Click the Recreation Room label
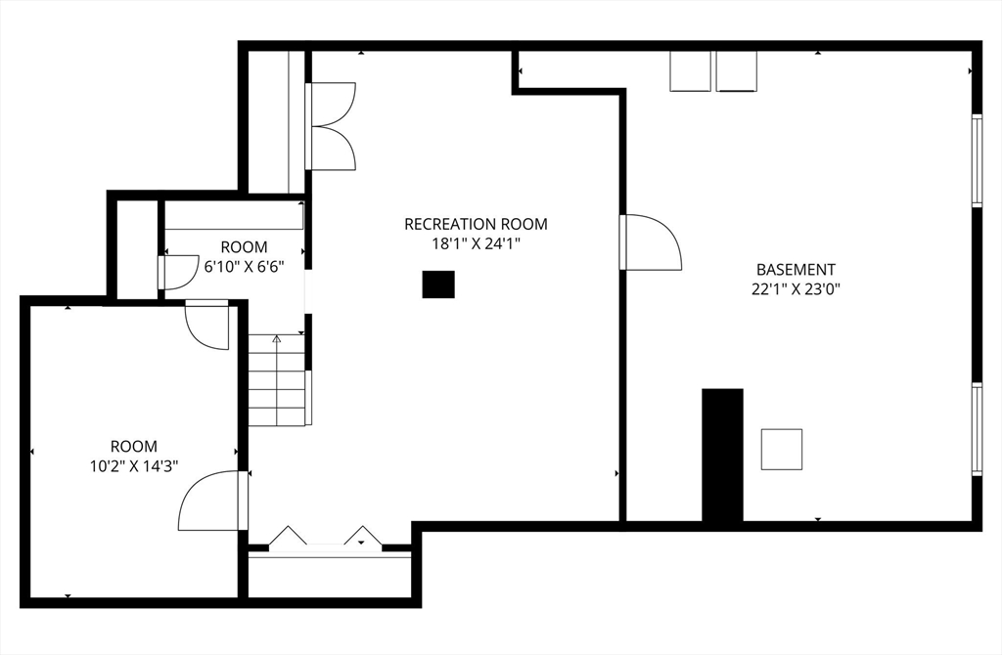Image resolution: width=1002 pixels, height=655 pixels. pos(476,224)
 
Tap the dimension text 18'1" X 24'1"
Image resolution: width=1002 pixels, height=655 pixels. pos(476,244)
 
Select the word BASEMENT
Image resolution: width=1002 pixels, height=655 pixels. pos(796,269)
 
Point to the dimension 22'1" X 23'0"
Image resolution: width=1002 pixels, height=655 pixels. pos(796,288)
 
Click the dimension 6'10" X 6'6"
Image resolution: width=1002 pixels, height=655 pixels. pos(244,266)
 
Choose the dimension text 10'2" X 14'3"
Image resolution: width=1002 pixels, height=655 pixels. pos(133,466)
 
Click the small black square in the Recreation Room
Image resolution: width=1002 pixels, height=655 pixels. pos(438,284)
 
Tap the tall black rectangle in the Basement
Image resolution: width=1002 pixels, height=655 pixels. pos(722,455)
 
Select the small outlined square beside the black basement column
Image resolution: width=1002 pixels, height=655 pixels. pos(782,449)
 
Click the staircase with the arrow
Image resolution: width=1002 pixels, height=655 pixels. pos(278,380)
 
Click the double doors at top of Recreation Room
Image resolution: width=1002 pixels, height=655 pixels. pos(332,126)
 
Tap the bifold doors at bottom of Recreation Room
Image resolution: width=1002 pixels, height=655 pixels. pos(324,539)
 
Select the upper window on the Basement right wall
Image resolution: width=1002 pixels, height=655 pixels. pos(976,161)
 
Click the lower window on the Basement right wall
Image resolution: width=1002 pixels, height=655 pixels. pos(976,429)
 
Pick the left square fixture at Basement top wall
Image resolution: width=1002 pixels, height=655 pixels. pos(690,71)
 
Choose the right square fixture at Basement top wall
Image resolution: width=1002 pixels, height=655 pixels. pos(736,71)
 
